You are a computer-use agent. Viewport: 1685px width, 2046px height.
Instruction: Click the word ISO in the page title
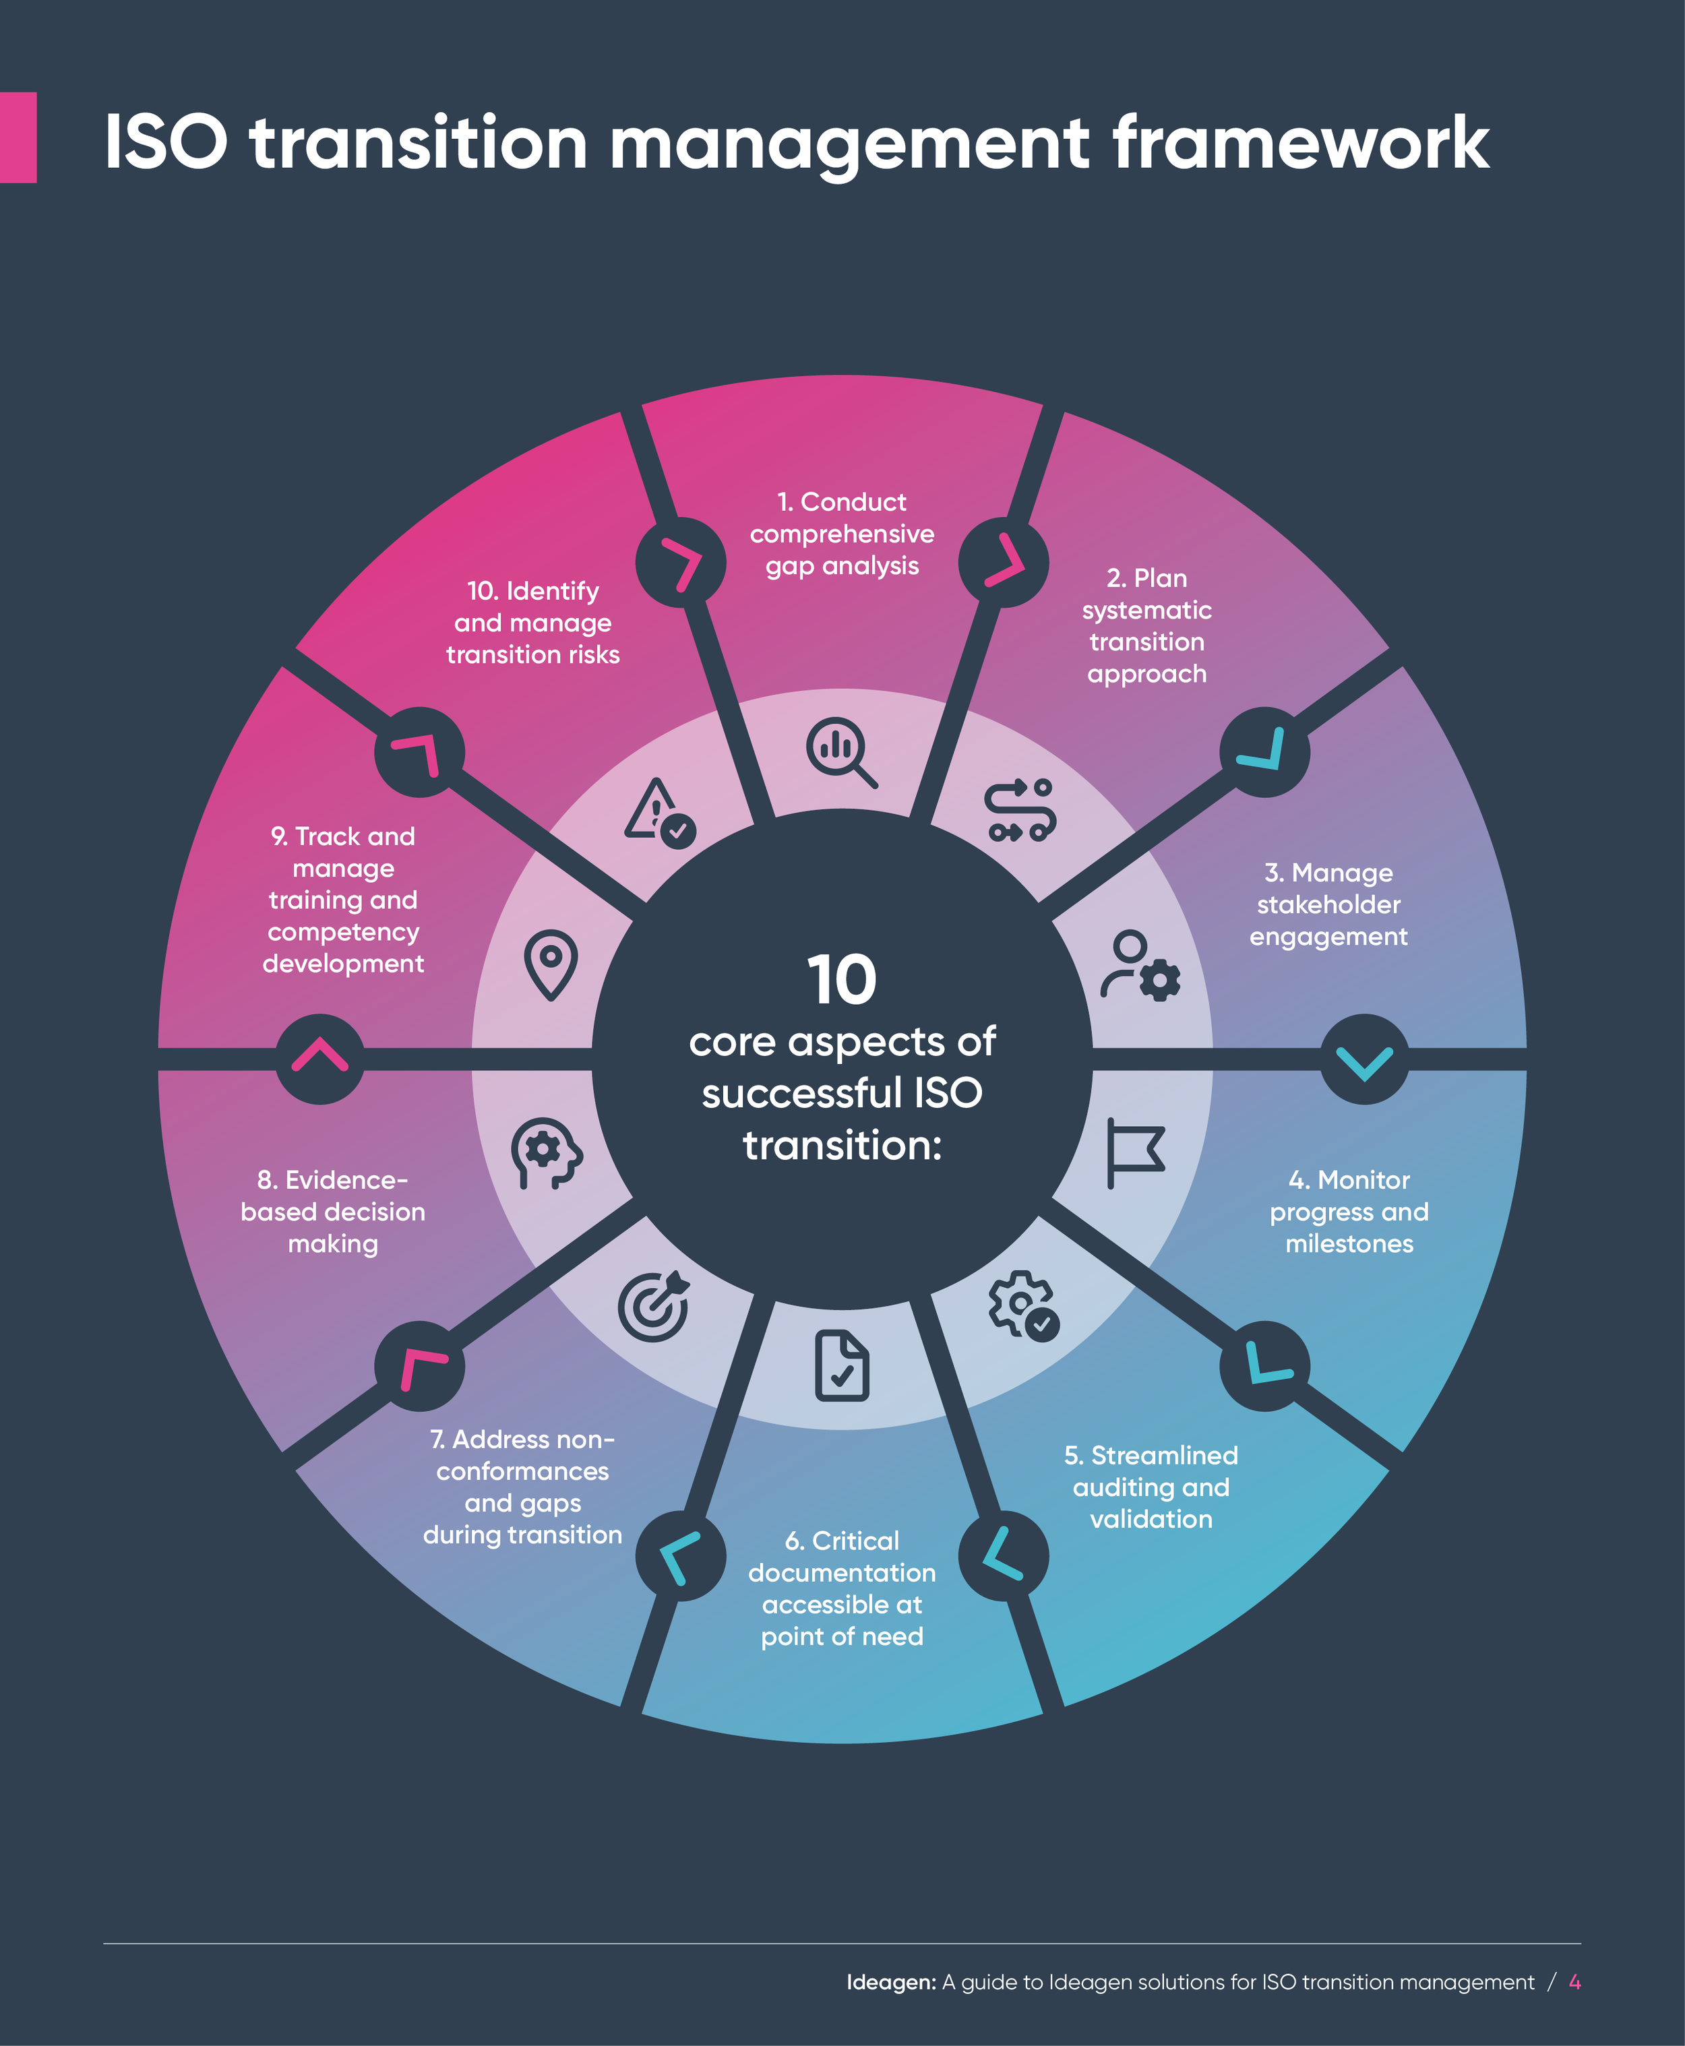pos(166,143)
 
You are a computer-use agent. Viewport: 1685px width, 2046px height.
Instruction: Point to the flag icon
pos(1134,1152)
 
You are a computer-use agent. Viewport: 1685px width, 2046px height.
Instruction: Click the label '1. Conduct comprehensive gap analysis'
pos(842,534)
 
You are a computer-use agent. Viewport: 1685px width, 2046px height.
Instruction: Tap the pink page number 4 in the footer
pos(1574,1982)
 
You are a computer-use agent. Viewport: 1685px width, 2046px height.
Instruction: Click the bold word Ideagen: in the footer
pos(890,1982)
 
